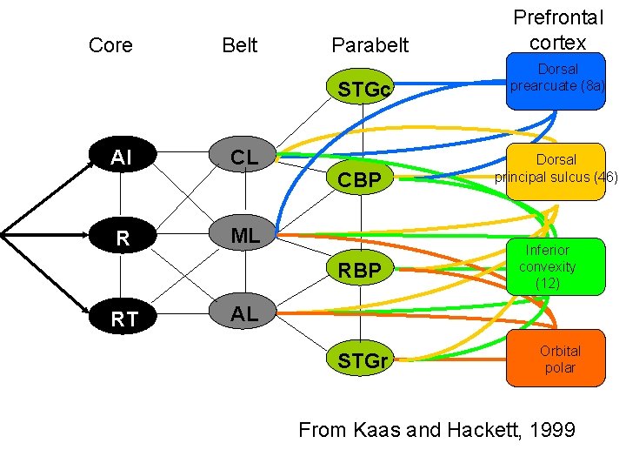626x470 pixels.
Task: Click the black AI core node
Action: tap(123, 158)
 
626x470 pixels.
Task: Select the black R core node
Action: tap(123, 238)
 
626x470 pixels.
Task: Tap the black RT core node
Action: tap(123, 319)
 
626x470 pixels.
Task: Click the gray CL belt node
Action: tap(243, 158)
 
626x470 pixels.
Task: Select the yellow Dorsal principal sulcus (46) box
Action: tap(556, 171)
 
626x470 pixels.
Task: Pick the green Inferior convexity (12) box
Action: tap(556, 266)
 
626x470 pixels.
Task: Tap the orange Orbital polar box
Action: tap(556, 359)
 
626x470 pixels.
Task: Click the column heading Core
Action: tap(110, 45)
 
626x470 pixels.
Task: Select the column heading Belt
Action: tap(239, 45)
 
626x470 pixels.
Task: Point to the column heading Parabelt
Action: tap(370, 45)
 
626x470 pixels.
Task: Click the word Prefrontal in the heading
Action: tap(557, 17)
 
